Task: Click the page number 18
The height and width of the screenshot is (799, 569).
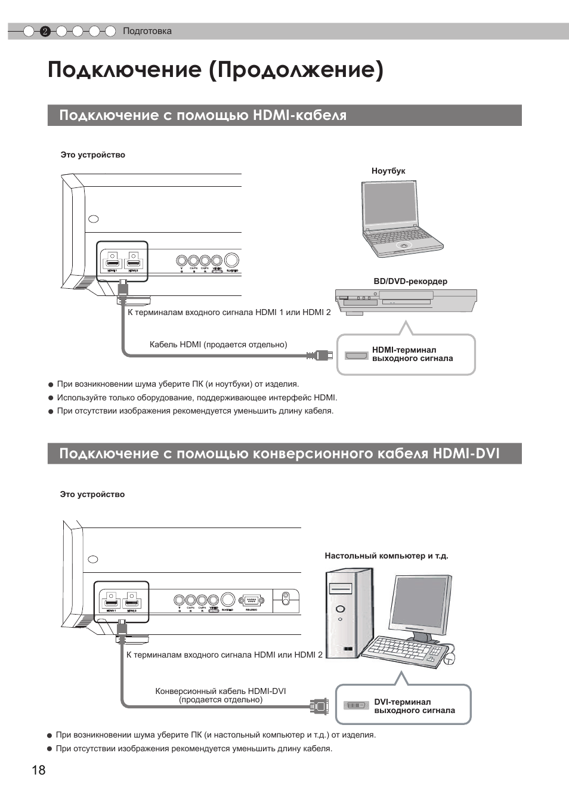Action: click(x=38, y=770)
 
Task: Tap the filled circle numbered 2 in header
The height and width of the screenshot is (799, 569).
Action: click(x=45, y=32)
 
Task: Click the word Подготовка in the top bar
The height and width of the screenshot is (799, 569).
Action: click(x=147, y=31)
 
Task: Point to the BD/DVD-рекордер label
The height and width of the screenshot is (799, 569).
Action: click(x=410, y=281)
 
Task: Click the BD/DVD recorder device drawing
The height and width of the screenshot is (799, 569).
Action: click(x=406, y=301)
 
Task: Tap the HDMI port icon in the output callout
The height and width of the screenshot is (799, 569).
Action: click(x=356, y=356)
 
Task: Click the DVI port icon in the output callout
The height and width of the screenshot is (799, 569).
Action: click(x=356, y=705)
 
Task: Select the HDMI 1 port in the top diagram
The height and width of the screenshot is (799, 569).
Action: click(x=112, y=263)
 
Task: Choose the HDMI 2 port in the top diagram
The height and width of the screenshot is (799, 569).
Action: click(x=134, y=263)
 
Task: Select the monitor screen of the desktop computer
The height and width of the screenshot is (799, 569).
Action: click(x=420, y=604)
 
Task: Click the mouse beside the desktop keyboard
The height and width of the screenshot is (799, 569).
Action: click(x=450, y=657)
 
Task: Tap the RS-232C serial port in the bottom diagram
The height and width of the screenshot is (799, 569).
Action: click(x=251, y=601)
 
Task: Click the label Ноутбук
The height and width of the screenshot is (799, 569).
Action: click(x=388, y=171)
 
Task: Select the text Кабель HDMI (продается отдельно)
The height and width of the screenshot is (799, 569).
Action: click(x=218, y=344)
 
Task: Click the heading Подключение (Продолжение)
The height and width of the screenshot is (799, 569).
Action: click(x=215, y=70)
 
